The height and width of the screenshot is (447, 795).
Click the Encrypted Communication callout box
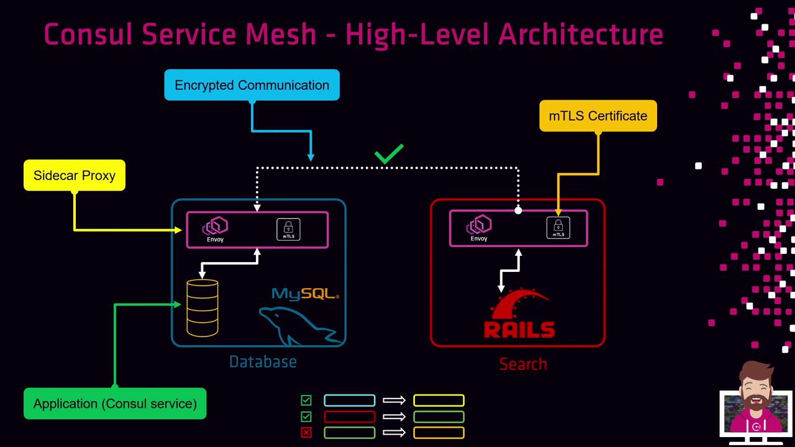[x=252, y=85]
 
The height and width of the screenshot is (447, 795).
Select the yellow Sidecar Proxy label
[x=75, y=175]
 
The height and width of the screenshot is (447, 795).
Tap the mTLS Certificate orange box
[x=597, y=116]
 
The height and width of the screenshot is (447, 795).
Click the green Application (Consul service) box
[x=115, y=404]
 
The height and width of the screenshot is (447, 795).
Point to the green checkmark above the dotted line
[x=389, y=154]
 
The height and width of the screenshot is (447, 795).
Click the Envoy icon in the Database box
[x=216, y=228]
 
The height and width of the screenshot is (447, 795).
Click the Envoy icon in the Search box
[x=479, y=227]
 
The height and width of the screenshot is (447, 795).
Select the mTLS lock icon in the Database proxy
[x=288, y=229]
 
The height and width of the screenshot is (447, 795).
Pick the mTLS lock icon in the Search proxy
[x=558, y=228]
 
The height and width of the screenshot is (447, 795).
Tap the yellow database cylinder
[x=202, y=308]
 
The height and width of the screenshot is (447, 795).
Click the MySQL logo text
[x=305, y=294]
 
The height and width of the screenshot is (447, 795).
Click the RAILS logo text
[x=519, y=328]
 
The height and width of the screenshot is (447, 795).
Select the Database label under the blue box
[x=263, y=362]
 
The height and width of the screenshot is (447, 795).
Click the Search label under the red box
[x=523, y=364]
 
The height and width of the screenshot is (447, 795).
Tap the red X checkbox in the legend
[x=306, y=433]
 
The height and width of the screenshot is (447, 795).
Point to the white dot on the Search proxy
[x=519, y=210]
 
